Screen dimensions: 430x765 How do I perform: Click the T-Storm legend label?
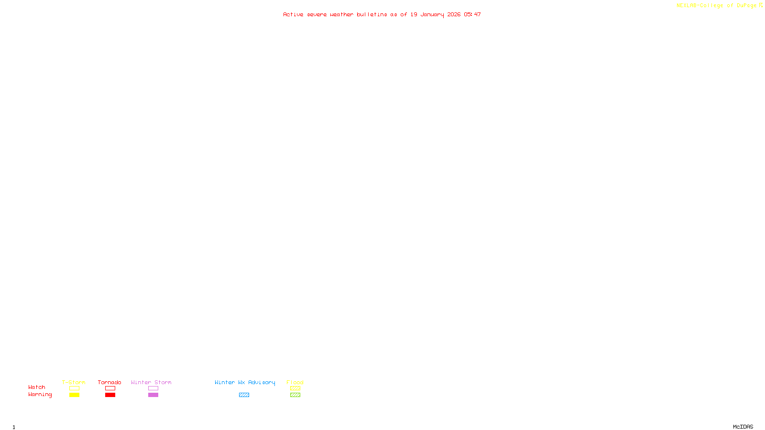pyautogui.click(x=74, y=382)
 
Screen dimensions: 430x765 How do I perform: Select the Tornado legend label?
pyautogui.click(x=109, y=382)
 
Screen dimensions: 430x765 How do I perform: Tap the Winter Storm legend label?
pyautogui.click(x=151, y=382)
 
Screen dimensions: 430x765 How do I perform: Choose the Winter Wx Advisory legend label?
pyautogui.click(x=245, y=382)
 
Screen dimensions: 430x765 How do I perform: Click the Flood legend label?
pyautogui.click(x=295, y=382)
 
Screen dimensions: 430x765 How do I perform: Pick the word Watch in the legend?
pyautogui.click(x=37, y=387)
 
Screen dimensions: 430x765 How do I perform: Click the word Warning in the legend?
pyautogui.click(x=40, y=395)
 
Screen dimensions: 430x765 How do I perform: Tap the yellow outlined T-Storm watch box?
pyautogui.click(x=74, y=388)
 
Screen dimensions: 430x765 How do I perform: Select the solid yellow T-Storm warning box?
pyautogui.click(x=74, y=395)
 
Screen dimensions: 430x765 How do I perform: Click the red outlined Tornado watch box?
pyautogui.click(x=110, y=388)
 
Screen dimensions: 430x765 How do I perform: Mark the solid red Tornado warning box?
pyautogui.click(x=110, y=395)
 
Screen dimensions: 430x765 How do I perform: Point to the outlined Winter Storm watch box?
pyautogui.click(x=153, y=388)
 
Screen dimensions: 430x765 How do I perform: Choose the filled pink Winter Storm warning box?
pyautogui.click(x=153, y=395)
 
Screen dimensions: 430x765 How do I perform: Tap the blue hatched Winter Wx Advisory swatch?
pyautogui.click(x=244, y=395)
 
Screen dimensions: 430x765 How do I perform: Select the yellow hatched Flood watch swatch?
pyautogui.click(x=295, y=388)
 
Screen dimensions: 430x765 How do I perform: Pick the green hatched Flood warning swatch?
pyautogui.click(x=295, y=395)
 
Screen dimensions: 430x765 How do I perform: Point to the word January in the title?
pyautogui.click(x=432, y=14)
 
